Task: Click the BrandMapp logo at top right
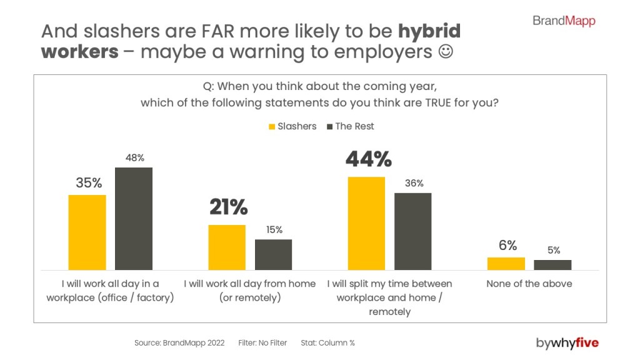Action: click(x=564, y=21)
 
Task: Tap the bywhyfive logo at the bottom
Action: click(x=567, y=342)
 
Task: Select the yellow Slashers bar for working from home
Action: click(x=227, y=247)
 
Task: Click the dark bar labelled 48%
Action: click(x=133, y=218)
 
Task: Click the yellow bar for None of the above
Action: click(x=506, y=263)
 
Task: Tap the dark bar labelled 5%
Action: click(x=552, y=264)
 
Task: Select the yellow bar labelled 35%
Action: click(x=87, y=232)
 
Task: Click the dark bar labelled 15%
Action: click(x=273, y=254)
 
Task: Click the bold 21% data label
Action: click(x=228, y=207)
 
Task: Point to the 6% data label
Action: click(x=507, y=246)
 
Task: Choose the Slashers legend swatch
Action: click(x=272, y=127)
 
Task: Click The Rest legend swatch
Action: click(x=329, y=127)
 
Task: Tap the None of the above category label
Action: click(x=529, y=284)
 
